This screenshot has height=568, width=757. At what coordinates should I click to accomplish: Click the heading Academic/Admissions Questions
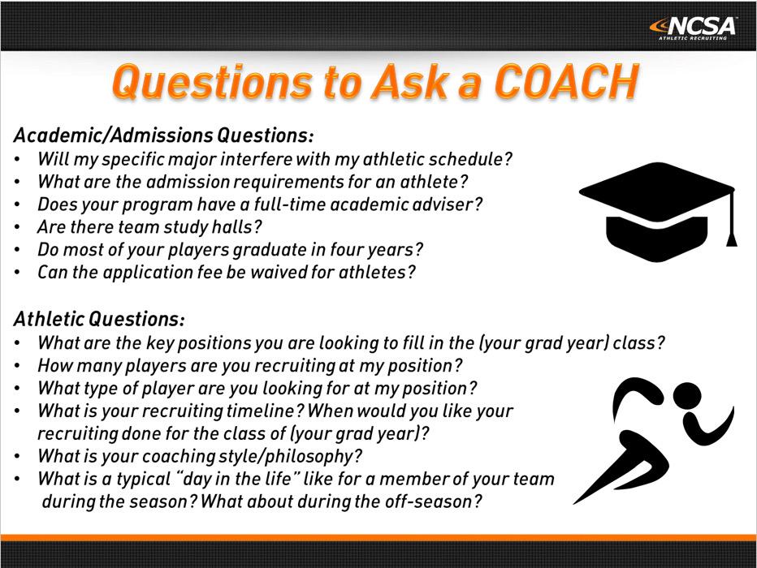click(x=163, y=134)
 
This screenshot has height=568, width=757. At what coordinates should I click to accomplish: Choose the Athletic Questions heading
click(x=99, y=316)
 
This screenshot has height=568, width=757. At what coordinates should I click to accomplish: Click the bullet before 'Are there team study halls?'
click(x=19, y=227)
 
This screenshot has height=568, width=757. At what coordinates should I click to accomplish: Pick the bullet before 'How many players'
click(x=19, y=366)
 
